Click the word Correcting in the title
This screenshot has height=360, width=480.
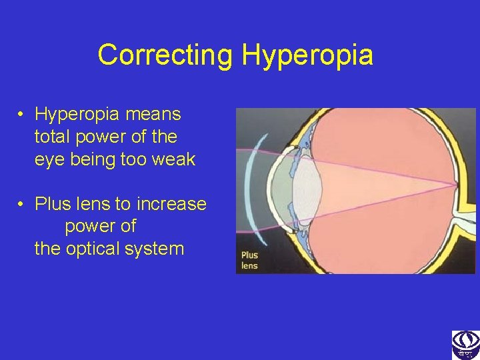(x=165, y=55)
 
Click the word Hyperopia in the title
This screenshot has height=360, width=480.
(x=307, y=55)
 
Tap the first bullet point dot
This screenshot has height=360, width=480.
(x=22, y=115)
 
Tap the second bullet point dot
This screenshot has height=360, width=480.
(x=22, y=203)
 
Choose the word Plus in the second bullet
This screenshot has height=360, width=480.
(x=51, y=203)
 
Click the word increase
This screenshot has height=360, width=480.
(x=173, y=203)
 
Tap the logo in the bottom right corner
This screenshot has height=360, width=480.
(x=465, y=344)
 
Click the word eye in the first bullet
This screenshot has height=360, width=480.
(x=49, y=159)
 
